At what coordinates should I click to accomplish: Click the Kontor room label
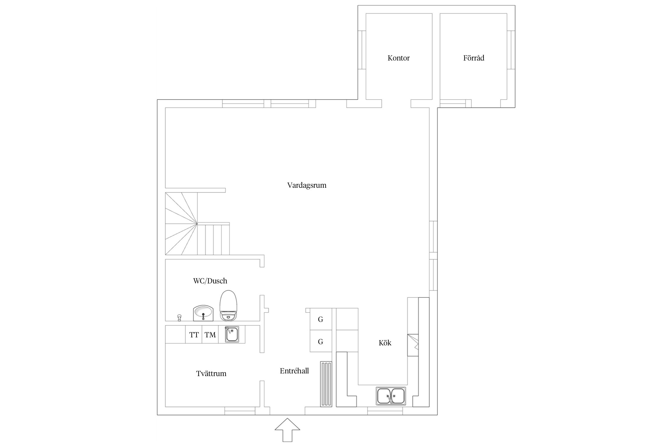coord(398,58)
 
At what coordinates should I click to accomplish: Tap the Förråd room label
coord(473,58)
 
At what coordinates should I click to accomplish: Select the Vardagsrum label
coord(307,185)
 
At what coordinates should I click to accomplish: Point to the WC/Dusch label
coord(210,281)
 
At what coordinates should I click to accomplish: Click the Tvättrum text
coord(211,373)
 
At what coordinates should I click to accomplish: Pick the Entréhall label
coord(294,371)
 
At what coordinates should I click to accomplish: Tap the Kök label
coord(385,343)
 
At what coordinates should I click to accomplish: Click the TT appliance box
coord(194,334)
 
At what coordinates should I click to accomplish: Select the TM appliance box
coord(210,334)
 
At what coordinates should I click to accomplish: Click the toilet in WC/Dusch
coord(228,305)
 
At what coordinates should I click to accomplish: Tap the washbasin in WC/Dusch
coord(203,313)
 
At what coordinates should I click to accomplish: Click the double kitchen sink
coord(391,396)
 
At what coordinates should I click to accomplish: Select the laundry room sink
coord(232,334)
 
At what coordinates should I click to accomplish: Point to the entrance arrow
coord(287,430)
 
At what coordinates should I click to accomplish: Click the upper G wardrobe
coord(321,319)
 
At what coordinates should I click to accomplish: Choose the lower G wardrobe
coord(321,341)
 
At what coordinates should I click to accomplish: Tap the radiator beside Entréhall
coord(326,384)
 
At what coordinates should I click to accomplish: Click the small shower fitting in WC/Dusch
coord(179,317)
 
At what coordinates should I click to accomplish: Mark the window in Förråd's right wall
coord(511,50)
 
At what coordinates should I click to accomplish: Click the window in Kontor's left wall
coord(362,50)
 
